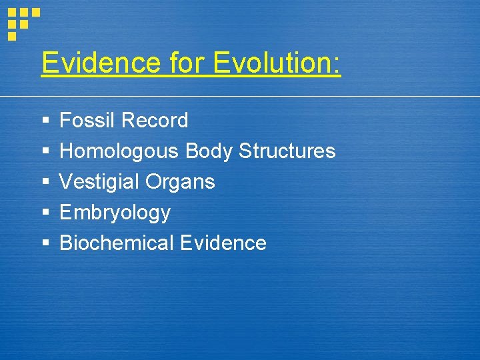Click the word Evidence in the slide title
click(101, 63)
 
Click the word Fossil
click(87, 121)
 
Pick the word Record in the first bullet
click(155, 121)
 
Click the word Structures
click(287, 151)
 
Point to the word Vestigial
click(99, 182)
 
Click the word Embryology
click(115, 213)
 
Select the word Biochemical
click(117, 243)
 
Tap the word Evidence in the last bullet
click(223, 243)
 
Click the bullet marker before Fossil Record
click(45, 121)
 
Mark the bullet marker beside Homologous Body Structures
click(45, 152)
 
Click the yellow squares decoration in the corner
click(22, 22)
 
